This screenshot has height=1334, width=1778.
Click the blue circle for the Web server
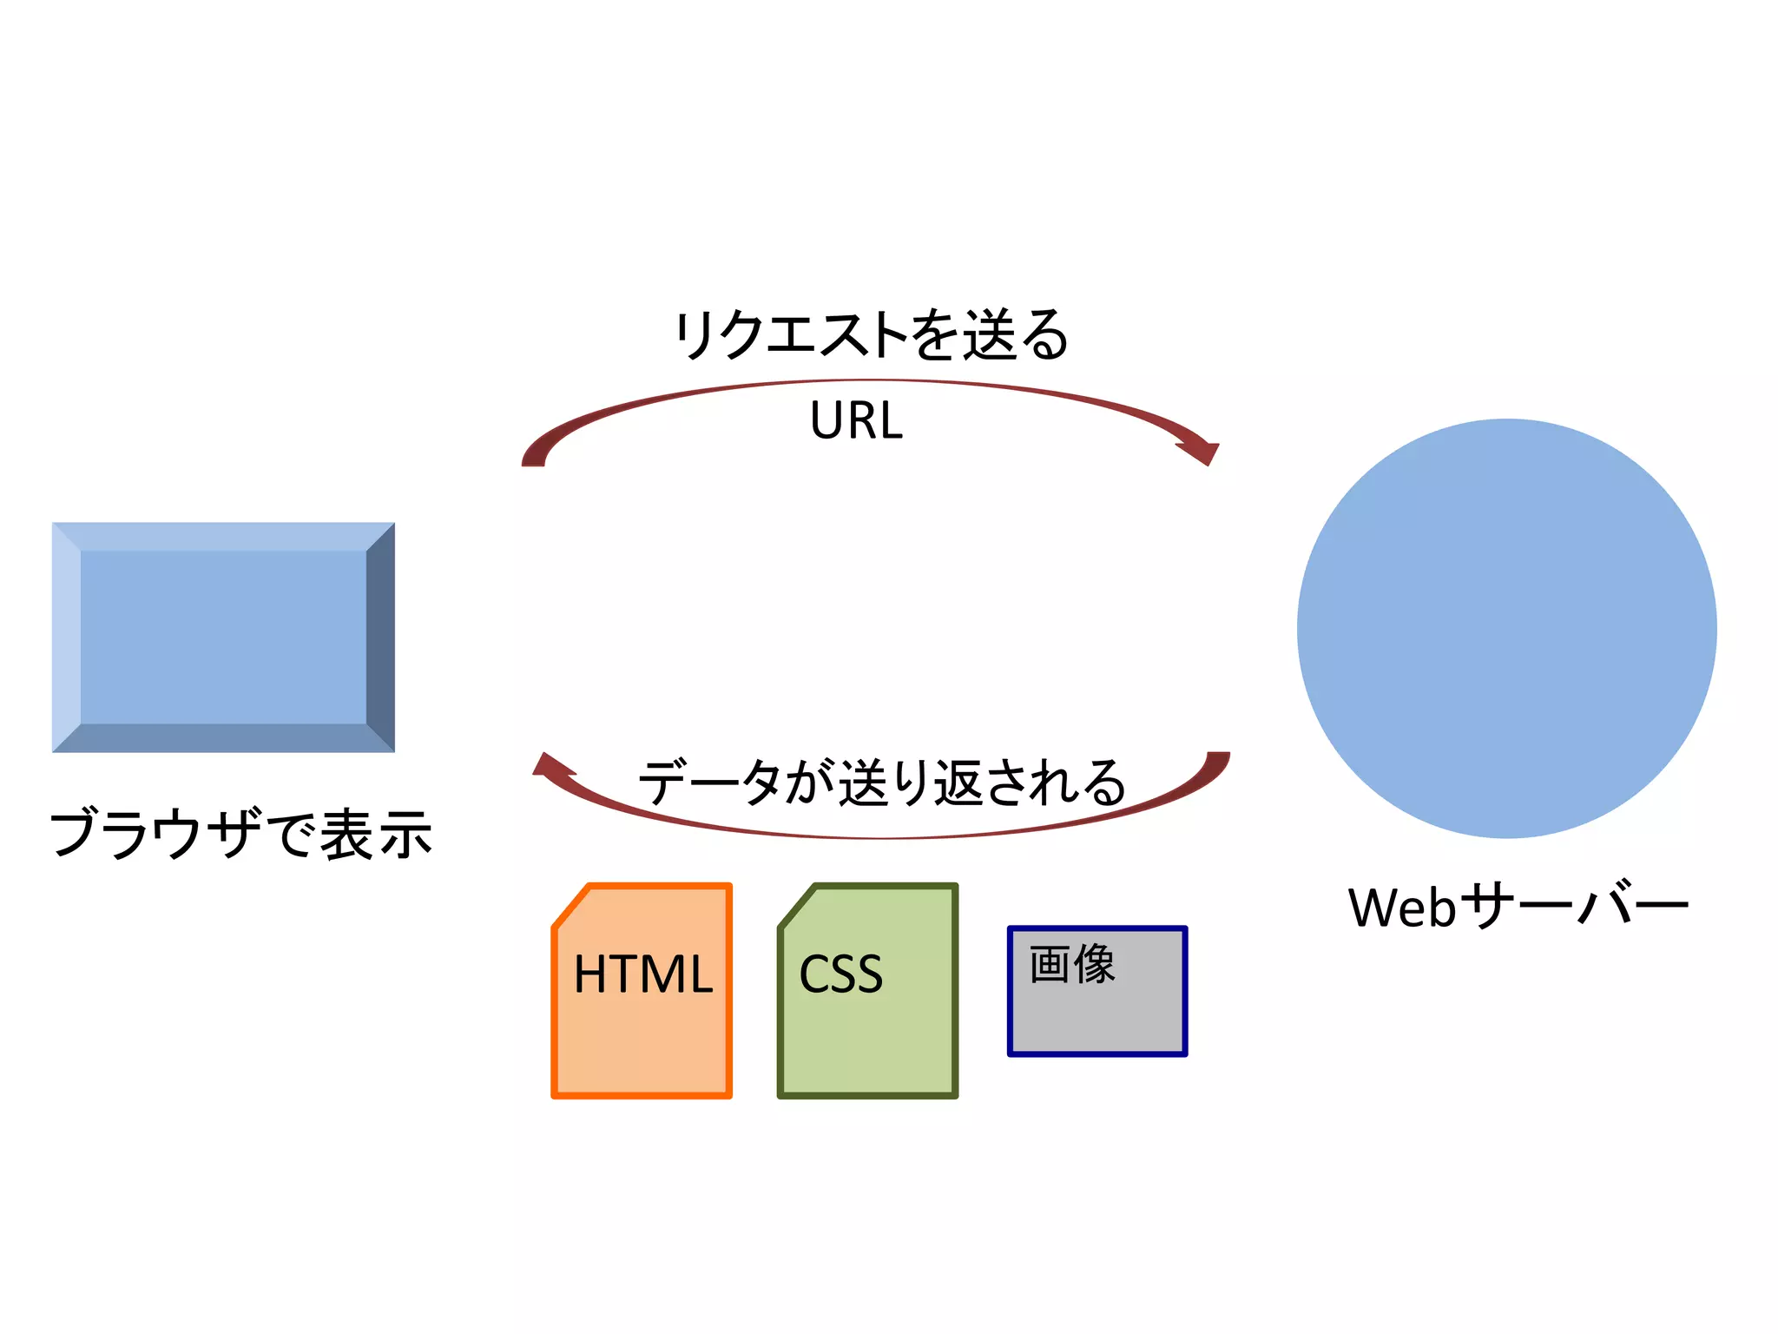[1506, 628]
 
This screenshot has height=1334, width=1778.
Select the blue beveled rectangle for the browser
[223, 637]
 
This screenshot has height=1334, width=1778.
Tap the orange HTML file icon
[642, 1034]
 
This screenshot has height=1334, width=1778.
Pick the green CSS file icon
[867, 1034]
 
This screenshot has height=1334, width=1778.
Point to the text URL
[856, 421]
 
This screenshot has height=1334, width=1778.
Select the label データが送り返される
[881, 783]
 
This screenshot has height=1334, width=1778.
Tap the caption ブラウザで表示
[240, 834]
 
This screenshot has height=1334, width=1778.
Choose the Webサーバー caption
[1518, 908]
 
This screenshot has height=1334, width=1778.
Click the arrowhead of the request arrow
[1202, 452]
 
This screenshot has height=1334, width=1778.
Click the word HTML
[642, 974]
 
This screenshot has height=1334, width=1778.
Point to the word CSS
[840, 974]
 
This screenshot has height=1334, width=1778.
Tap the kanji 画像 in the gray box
[1072, 964]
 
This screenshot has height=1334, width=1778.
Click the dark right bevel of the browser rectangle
[381, 637]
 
